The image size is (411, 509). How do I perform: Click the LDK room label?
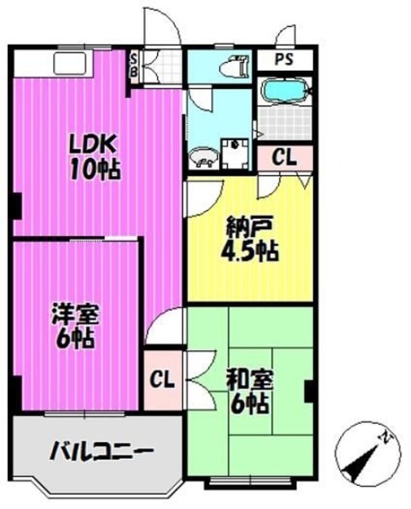click(x=94, y=146)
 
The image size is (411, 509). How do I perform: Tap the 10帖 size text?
click(x=94, y=169)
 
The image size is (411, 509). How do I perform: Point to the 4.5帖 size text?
click(x=249, y=252)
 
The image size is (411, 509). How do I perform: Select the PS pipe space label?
click(x=284, y=60)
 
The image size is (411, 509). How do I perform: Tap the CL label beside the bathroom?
click(x=284, y=157)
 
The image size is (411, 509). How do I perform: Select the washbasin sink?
click(x=203, y=156)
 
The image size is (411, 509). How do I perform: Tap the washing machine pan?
click(x=236, y=153)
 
